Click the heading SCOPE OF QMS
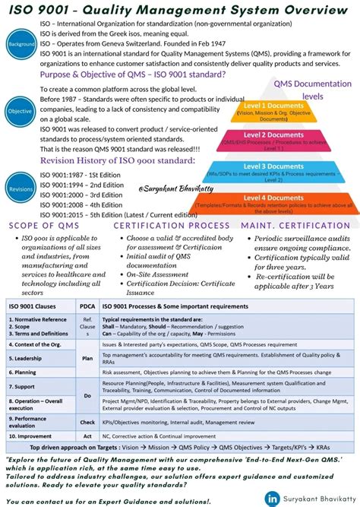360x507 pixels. tap(44, 225)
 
